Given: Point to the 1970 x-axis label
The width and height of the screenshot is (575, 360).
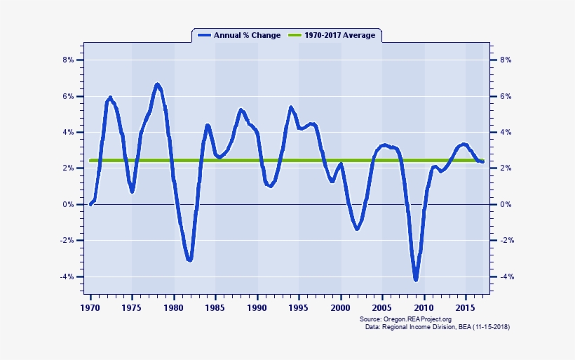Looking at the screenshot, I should (x=90, y=307).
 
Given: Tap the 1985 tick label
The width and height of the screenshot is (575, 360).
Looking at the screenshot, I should (x=215, y=307).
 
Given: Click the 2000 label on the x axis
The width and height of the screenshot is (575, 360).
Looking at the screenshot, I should (x=341, y=307).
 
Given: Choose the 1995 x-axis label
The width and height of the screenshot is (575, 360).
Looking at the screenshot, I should (x=299, y=307).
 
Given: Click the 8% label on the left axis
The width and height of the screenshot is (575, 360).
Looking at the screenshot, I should (x=68, y=60).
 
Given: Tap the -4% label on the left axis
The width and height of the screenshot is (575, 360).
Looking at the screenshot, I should (x=67, y=276).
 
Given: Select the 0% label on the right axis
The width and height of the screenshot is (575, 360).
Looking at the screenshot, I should (x=505, y=204).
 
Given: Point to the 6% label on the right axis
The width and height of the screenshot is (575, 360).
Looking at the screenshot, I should (x=505, y=96).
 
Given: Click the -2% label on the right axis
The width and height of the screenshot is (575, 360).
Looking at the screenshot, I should (x=506, y=241).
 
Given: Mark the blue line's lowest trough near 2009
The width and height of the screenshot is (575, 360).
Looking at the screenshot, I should (x=416, y=279).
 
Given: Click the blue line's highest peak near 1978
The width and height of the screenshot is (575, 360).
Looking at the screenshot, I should (x=157, y=85).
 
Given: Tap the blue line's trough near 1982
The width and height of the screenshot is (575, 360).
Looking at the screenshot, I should (x=189, y=260).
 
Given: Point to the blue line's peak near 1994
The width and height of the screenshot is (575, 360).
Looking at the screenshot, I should (x=290, y=107).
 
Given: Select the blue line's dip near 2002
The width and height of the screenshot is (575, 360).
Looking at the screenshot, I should (x=357, y=228).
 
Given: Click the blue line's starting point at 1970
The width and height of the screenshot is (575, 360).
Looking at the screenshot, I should (x=91, y=204).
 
